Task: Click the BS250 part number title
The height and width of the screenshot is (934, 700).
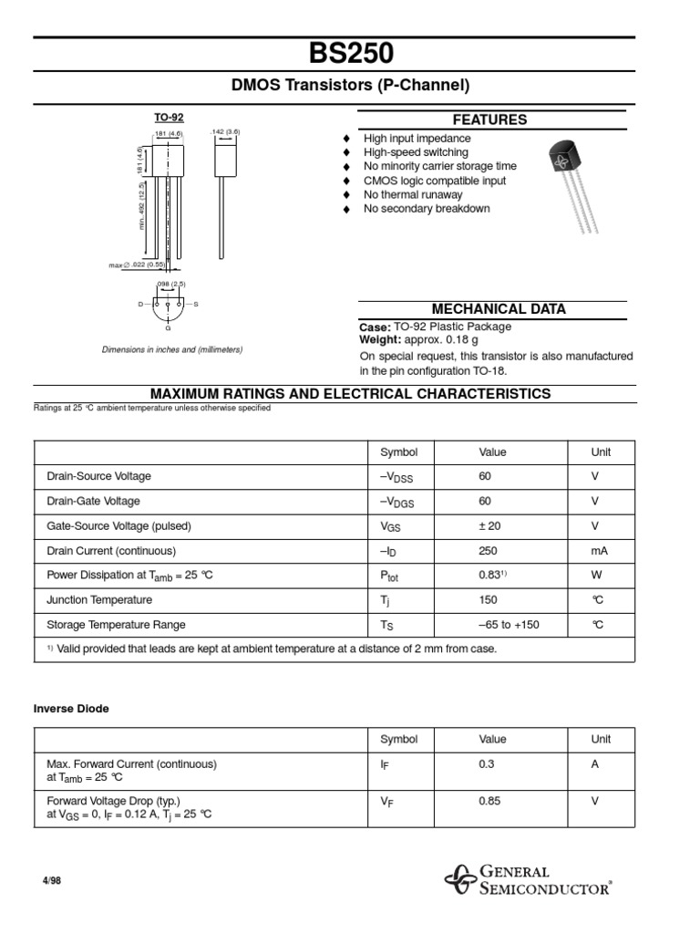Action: coord(351,53)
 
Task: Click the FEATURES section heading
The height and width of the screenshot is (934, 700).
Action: coord(491,119)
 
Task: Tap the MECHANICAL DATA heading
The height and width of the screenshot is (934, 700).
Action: coord(492,309)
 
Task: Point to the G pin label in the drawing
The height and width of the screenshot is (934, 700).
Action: coord(168,327)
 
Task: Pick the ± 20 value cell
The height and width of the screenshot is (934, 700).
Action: coord(489,526)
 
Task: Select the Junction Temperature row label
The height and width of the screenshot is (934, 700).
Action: coord(99,600)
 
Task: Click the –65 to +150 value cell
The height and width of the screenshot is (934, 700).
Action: coord(509,625)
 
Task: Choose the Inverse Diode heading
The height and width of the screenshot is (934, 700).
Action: coord(72,709)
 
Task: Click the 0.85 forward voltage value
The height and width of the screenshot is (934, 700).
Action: coord(489,802)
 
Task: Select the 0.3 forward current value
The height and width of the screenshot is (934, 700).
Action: coord(486,764)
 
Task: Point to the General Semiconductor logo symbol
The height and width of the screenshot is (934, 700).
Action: coord(460,880)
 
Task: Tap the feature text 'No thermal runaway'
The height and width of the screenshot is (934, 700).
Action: coord(413,194)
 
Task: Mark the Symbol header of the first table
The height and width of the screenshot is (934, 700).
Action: coord(398,452)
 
